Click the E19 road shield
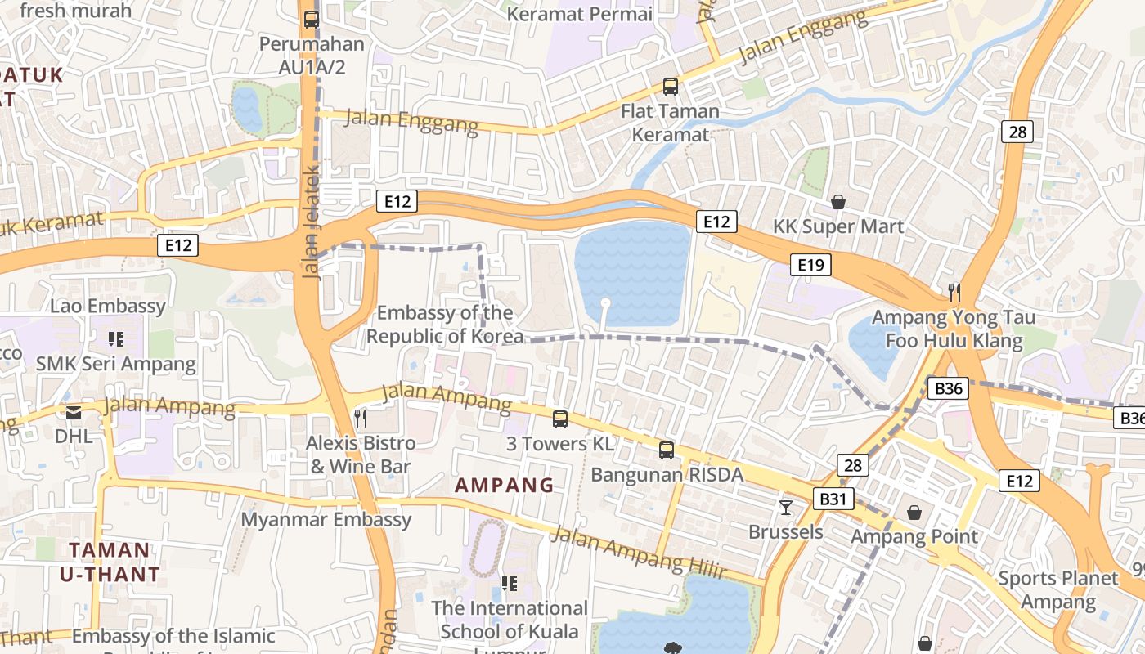click(810, 264)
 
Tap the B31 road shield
click(833, 499)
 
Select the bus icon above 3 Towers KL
click(560, 419)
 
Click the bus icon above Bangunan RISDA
click(667, 450)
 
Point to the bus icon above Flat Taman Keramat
click(671, 86)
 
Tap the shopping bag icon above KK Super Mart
click(838, 201)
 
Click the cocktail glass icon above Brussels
click(786, 508)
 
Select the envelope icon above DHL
click(74, 413)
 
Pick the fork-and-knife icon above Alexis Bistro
click(361, 419)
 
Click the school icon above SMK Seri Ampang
click(115, 338)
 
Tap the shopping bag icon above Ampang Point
click(914, 513)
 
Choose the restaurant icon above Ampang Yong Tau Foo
click(953, 292)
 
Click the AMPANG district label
click(505, 485)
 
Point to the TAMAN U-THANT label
click(110, 562)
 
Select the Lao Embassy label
click(108, 307)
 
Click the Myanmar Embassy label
click(326, 520)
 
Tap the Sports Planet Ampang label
click(1058, 590)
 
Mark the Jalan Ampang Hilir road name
click(639, 553)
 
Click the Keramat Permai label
click(580, 14)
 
